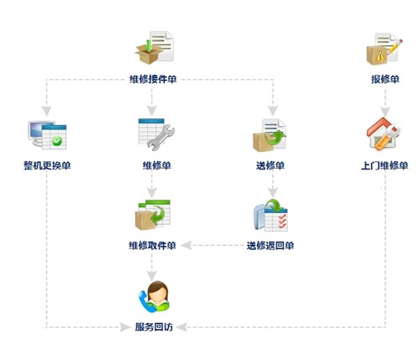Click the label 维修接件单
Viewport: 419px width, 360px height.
(153, 80)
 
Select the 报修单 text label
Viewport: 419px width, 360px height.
(385, 80)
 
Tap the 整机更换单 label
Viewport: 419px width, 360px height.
(47, 165)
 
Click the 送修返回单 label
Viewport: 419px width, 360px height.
(270, 246)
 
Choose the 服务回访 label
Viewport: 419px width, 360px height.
(154, 326)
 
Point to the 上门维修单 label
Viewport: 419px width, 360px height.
(385, 165)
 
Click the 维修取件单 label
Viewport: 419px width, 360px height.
(153, 246)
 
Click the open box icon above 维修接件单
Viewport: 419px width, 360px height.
(149, 52)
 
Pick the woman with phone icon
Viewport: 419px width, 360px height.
(155, 296)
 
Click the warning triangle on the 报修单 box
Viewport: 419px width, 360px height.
(380, 56)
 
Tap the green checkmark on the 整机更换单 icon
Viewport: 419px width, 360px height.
(57, 140)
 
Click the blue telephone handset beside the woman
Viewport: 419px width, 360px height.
(145, 301)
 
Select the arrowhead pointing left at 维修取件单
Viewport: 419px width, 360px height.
(186, 246)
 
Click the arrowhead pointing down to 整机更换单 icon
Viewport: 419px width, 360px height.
(47, 111)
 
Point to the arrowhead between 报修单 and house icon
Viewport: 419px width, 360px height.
(385, 112)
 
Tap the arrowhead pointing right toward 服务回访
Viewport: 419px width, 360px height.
(125, 326)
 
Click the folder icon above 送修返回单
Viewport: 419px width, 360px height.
(259, 217)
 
